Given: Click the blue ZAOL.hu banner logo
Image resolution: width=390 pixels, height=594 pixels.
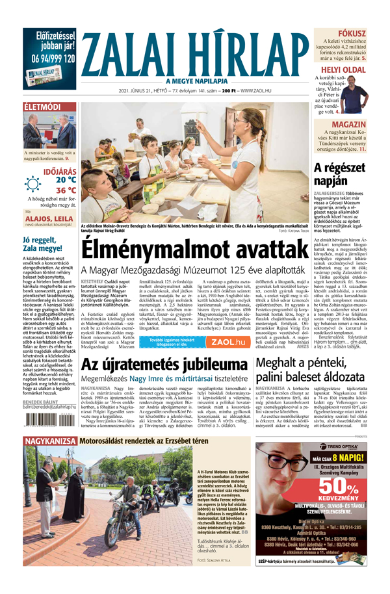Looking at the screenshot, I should [231, 342].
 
